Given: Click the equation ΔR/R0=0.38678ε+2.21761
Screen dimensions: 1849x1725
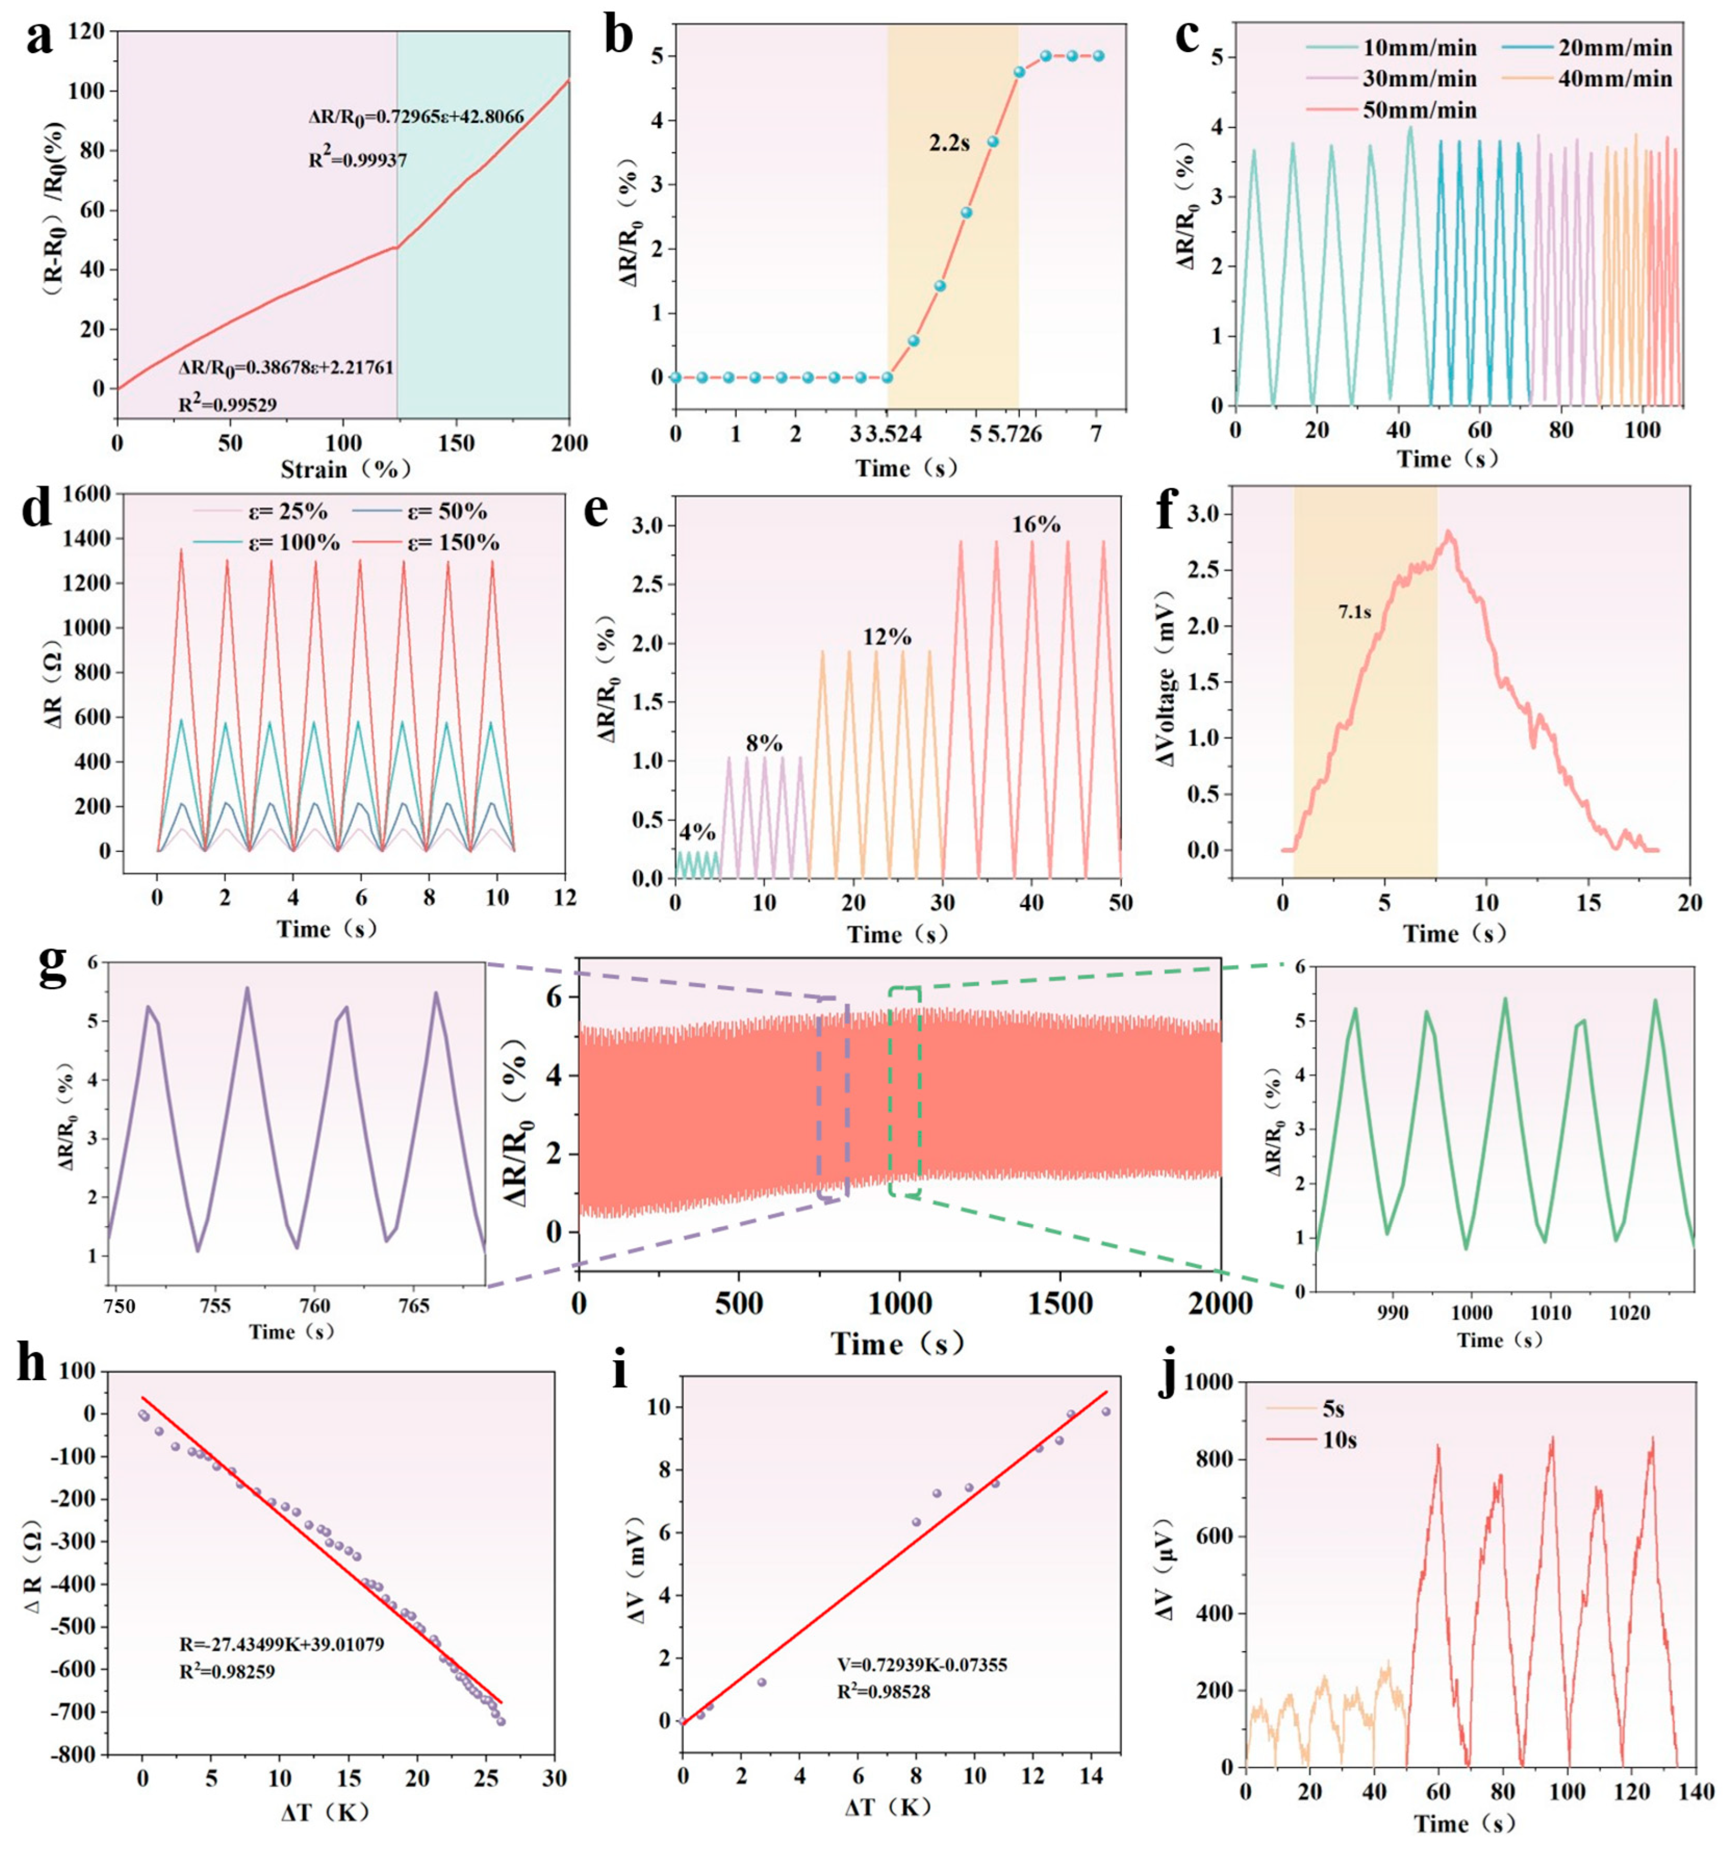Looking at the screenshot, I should click(x=286, y=368).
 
